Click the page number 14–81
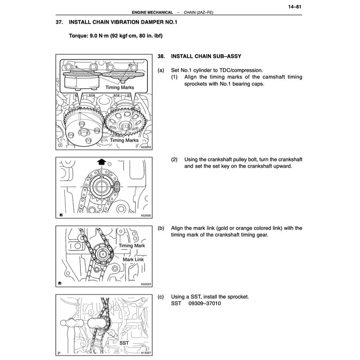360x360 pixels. (x=294, y=7)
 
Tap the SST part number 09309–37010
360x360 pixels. (x=204, y=303)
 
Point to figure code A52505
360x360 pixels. (x=146, y=215)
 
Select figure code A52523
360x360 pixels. (x=146, y=284)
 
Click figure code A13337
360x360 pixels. (x=146, y=353)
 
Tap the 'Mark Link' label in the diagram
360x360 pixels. (x=130, y=260)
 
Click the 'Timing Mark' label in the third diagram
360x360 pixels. (x=131, y=245)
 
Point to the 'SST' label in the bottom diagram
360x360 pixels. (x=125, y=343)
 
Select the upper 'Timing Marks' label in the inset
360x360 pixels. (x=119, y=88)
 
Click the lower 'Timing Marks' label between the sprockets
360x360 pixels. (x=124, y=140)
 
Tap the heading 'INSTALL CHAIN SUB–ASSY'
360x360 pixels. (x=206, y=57)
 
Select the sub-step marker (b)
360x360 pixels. (x=161, y=228)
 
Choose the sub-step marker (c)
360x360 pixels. (x=161, y=296)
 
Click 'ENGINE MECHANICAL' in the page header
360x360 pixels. (x=149, y=12)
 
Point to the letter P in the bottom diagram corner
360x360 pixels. (x=59, y=353)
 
